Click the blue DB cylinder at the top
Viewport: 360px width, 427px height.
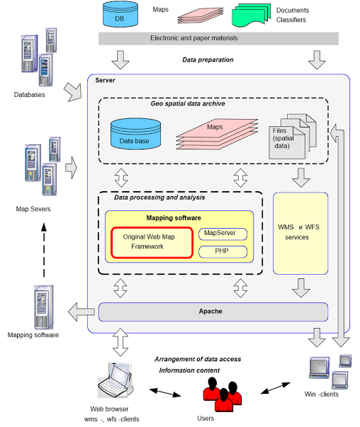[120, 14]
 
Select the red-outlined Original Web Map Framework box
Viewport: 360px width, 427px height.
[152, 242]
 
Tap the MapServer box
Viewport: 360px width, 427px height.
[223, 234]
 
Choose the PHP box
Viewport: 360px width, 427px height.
[223, 251]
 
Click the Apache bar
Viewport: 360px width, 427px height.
[213, 312]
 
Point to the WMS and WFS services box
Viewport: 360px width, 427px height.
[300, 234]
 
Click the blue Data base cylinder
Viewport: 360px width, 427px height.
[135, 134]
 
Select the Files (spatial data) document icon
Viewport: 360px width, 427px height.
[292, 137]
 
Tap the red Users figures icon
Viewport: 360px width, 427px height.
[222, 394]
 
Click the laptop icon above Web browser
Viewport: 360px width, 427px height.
[116, 380]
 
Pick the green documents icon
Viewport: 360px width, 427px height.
[252, 16]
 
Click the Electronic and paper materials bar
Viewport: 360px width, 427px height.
[218, 38]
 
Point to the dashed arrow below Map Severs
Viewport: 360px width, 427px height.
[44, 250]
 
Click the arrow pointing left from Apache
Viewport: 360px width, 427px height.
[81, 312]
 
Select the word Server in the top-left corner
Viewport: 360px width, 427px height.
[105, 80]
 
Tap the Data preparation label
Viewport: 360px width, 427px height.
[208, 60]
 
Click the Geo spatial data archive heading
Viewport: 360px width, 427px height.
[188, 104]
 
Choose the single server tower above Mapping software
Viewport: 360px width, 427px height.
[44, 307]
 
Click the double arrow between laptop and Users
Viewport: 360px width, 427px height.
[165, 392]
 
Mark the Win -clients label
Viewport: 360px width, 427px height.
[321, 394]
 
